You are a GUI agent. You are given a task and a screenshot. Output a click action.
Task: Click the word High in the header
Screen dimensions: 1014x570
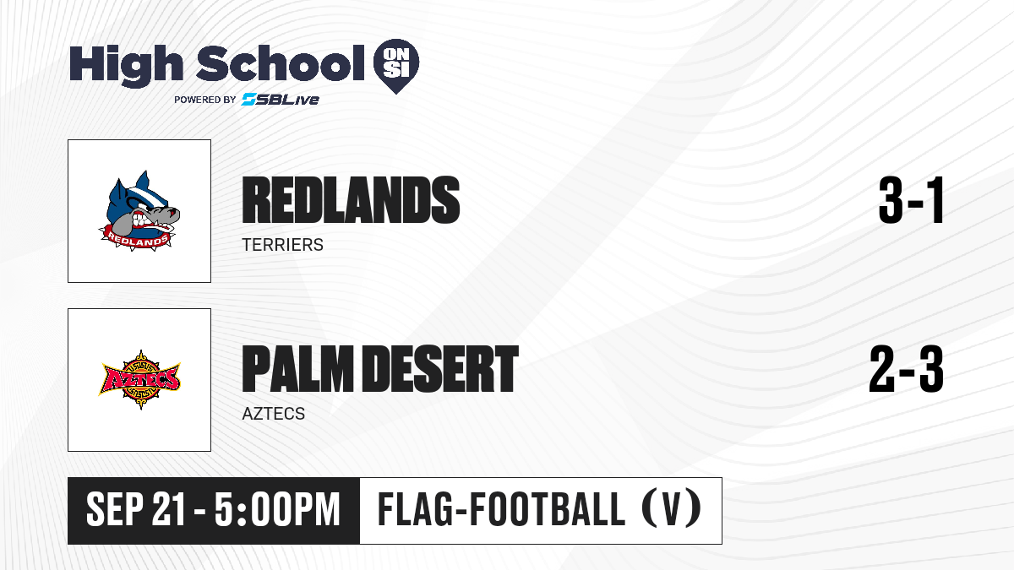(126, 66)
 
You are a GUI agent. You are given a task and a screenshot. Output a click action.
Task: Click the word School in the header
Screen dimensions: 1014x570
(281, 63)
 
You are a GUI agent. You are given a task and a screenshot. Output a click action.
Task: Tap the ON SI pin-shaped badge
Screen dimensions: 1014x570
(396, 66)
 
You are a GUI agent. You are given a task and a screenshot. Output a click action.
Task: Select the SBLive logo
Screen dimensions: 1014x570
(280, 100)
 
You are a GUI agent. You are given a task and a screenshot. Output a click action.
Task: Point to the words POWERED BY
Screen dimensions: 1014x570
(205, 100)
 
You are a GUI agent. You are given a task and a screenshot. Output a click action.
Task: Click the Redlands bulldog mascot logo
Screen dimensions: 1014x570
(139, 211)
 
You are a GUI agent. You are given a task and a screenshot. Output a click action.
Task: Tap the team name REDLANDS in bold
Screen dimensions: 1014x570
(351, 200)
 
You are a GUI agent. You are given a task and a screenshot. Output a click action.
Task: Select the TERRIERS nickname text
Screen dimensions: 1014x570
(282, 245)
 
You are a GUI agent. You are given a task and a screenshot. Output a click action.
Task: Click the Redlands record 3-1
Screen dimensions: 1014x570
(911, 200)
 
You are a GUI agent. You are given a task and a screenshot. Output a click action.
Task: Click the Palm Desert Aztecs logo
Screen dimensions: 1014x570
(139, 379)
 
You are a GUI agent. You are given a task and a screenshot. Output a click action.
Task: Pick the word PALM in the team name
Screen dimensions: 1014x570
(297, 369)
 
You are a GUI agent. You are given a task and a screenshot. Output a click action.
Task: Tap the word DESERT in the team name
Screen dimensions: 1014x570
(441, 369)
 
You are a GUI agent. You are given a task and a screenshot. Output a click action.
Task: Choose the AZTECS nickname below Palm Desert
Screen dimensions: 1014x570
(274, 414)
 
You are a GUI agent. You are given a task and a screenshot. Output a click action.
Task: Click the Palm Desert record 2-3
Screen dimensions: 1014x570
(907, 369)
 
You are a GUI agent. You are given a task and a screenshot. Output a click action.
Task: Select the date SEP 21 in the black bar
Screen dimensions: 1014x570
(136, 510)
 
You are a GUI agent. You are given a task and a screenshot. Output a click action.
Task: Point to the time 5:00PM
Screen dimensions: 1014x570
(277, 510)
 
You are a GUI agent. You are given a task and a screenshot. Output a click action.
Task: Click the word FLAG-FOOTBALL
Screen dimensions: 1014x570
(502, 510)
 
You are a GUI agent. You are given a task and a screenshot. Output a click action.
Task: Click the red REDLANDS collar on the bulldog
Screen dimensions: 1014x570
(137, 239)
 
